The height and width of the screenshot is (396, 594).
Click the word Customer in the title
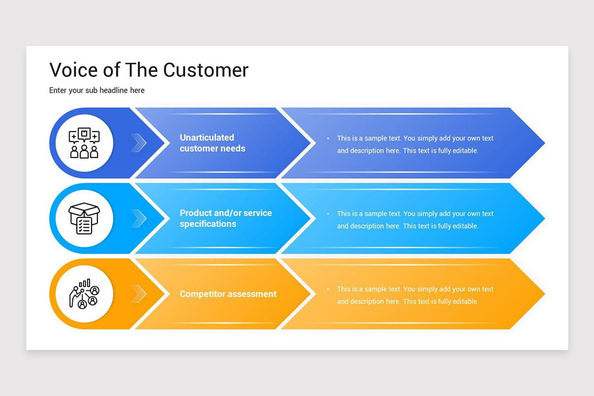click(205, 70)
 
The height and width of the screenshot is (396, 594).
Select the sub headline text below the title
click(97, 90)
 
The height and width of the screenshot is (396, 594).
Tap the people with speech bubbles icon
click(84, 143)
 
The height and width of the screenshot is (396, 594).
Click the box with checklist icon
click(84, 218)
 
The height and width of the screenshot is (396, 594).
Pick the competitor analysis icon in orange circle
click(84, 294)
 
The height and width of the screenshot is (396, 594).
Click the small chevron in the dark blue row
click(139, 143)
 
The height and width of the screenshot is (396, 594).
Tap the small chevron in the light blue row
click(139, 218)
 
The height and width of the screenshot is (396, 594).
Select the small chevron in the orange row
click(139, 294)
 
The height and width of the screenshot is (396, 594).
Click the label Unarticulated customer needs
click(212, 143)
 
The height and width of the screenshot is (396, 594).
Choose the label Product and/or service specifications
click(225, 218)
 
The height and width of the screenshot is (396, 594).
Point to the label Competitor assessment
click(228, 294)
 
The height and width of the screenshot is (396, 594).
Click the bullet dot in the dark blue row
click(328, 139)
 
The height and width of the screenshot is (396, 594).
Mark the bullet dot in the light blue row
click(328, 214)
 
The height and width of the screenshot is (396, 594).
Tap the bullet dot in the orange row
click(328, 289)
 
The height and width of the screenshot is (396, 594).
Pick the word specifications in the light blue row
click(208, 224)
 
